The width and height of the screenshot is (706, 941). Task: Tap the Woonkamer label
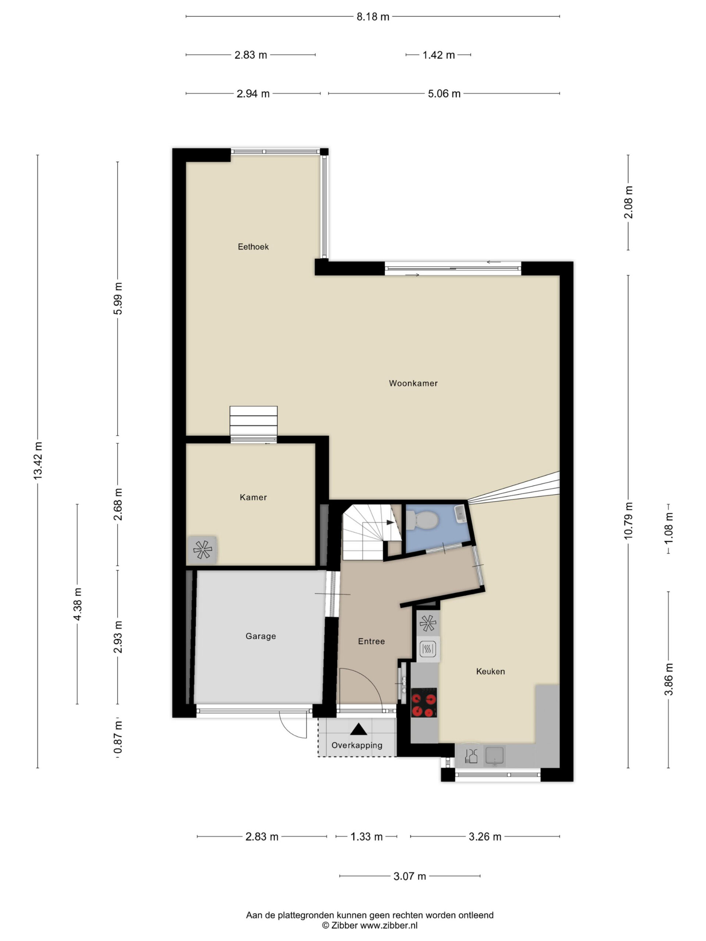pyautogui.click(x=413, y=383)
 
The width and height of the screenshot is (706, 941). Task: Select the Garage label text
pyautogui.click(x=260, y=636)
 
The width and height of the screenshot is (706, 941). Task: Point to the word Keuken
pyautogui.click(x=490, y=671)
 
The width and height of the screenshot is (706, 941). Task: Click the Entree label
pyautogui.click(x=371, y=641)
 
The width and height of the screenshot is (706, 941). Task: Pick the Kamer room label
pyautogui.click(x=253, y=497)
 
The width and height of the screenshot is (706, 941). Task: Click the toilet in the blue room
pyautogui.click(x=420, y=520)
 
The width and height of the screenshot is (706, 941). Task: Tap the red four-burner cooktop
pyautogui.click(x=424, y=702)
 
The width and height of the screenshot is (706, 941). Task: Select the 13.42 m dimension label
pyautogui.click(x=38, y=461)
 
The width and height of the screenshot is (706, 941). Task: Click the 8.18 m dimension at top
pyautogui.click(x=373, y=17)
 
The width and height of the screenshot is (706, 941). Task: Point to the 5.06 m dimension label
pyautogui.click(x=444, y=94)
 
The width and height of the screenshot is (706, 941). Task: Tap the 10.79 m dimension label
pyautogui.click(x=628, y=520)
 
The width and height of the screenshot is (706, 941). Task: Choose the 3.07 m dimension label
pyautogui.click(x=409, y=876)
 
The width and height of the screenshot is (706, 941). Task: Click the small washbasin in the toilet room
pyautogui.click(x=460, y=514)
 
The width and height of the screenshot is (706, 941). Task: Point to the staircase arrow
pyautogui.click(x=389, y=522)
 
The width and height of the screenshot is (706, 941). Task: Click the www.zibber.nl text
pyautogui.click(x=389, y=926)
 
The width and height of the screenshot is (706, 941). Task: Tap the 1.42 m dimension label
pyautogui.click(x=438, y=55)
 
